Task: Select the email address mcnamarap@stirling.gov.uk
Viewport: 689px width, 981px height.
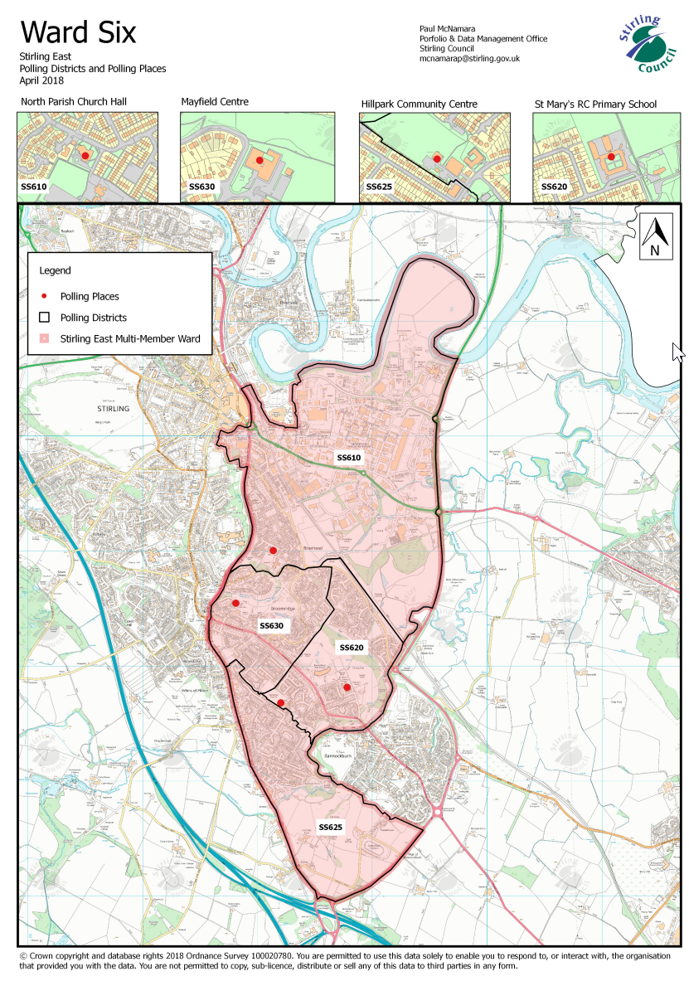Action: [x=469, y=59]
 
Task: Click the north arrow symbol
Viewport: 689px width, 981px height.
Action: [x=654, y=236]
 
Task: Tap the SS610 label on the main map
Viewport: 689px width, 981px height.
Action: [x=348, y=458]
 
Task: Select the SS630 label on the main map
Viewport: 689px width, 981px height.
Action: [x=271, y=625]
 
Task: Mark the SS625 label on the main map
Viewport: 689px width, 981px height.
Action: [x=331, y=828]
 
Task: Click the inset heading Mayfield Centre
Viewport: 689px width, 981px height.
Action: [x=215, y=103]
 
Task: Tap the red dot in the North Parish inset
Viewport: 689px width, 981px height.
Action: [x=84, y=155]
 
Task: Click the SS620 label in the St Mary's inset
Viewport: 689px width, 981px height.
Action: [x=554, y=187]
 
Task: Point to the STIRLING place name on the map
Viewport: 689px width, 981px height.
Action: [x=113, y=410]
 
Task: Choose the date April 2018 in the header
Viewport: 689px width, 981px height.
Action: [x=41, y=80]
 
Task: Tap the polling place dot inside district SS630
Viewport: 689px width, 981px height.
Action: [x=235, y=603]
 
